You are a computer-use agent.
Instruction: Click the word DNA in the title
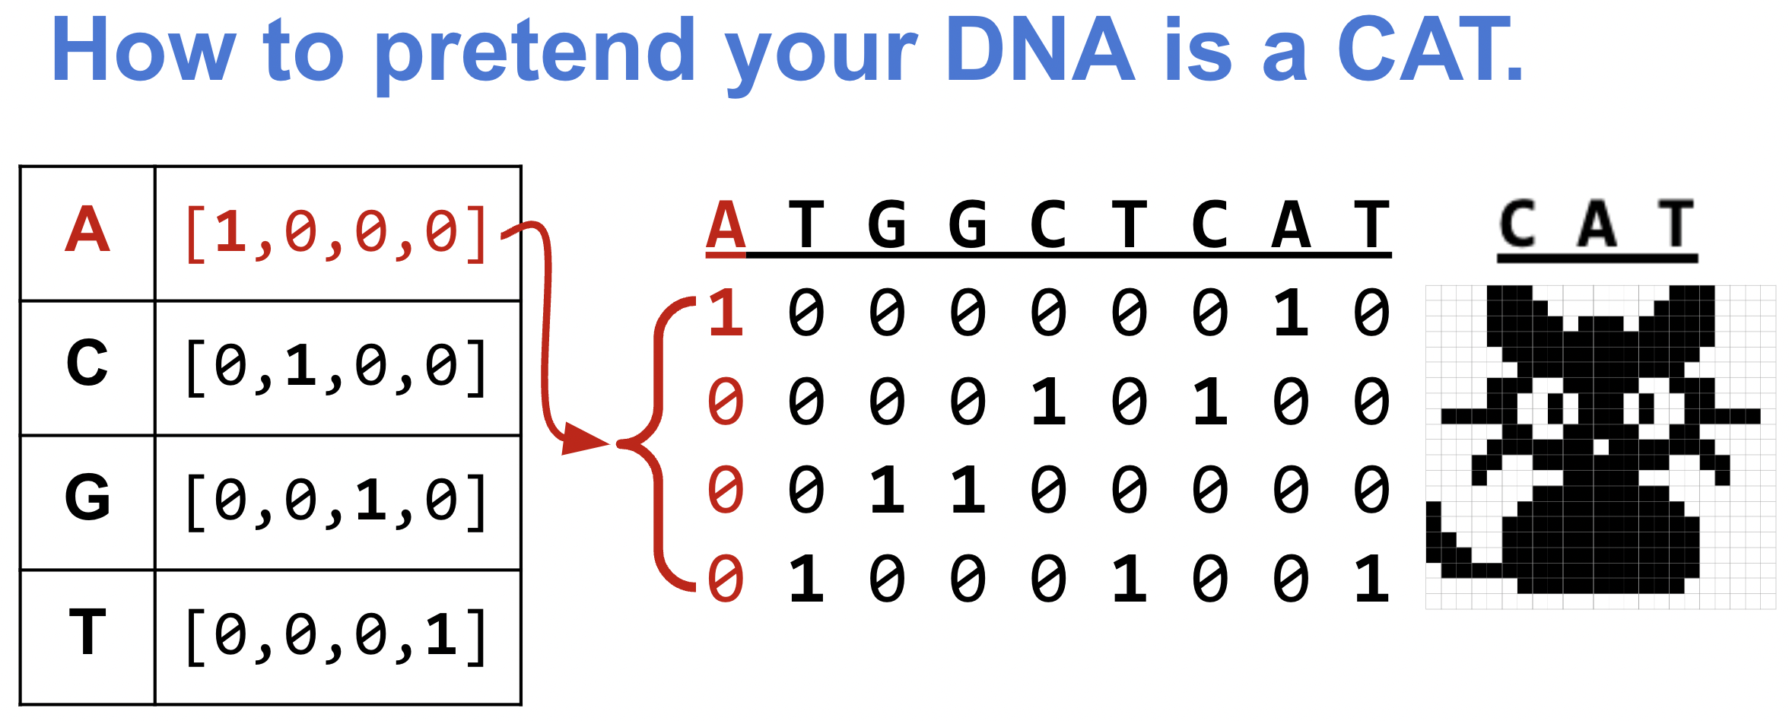(1040, 49)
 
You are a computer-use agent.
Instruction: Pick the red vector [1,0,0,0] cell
(335, 233)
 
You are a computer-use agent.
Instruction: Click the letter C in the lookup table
(87, 363)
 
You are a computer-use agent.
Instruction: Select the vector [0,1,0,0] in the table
(335, 367)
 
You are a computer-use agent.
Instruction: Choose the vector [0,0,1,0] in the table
(335, 502)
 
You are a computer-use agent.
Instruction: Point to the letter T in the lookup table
(87, 631)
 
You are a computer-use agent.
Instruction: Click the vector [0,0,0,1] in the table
(335, 637)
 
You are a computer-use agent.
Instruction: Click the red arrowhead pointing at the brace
(583, 440)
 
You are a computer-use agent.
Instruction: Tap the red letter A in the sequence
(726, 225)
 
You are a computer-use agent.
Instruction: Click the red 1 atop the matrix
(726, 313)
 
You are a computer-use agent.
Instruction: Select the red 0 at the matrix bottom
(726, 579)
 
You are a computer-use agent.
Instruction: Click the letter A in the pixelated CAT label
(1597, 224)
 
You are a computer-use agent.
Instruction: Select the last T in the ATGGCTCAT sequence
(1372, 225)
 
